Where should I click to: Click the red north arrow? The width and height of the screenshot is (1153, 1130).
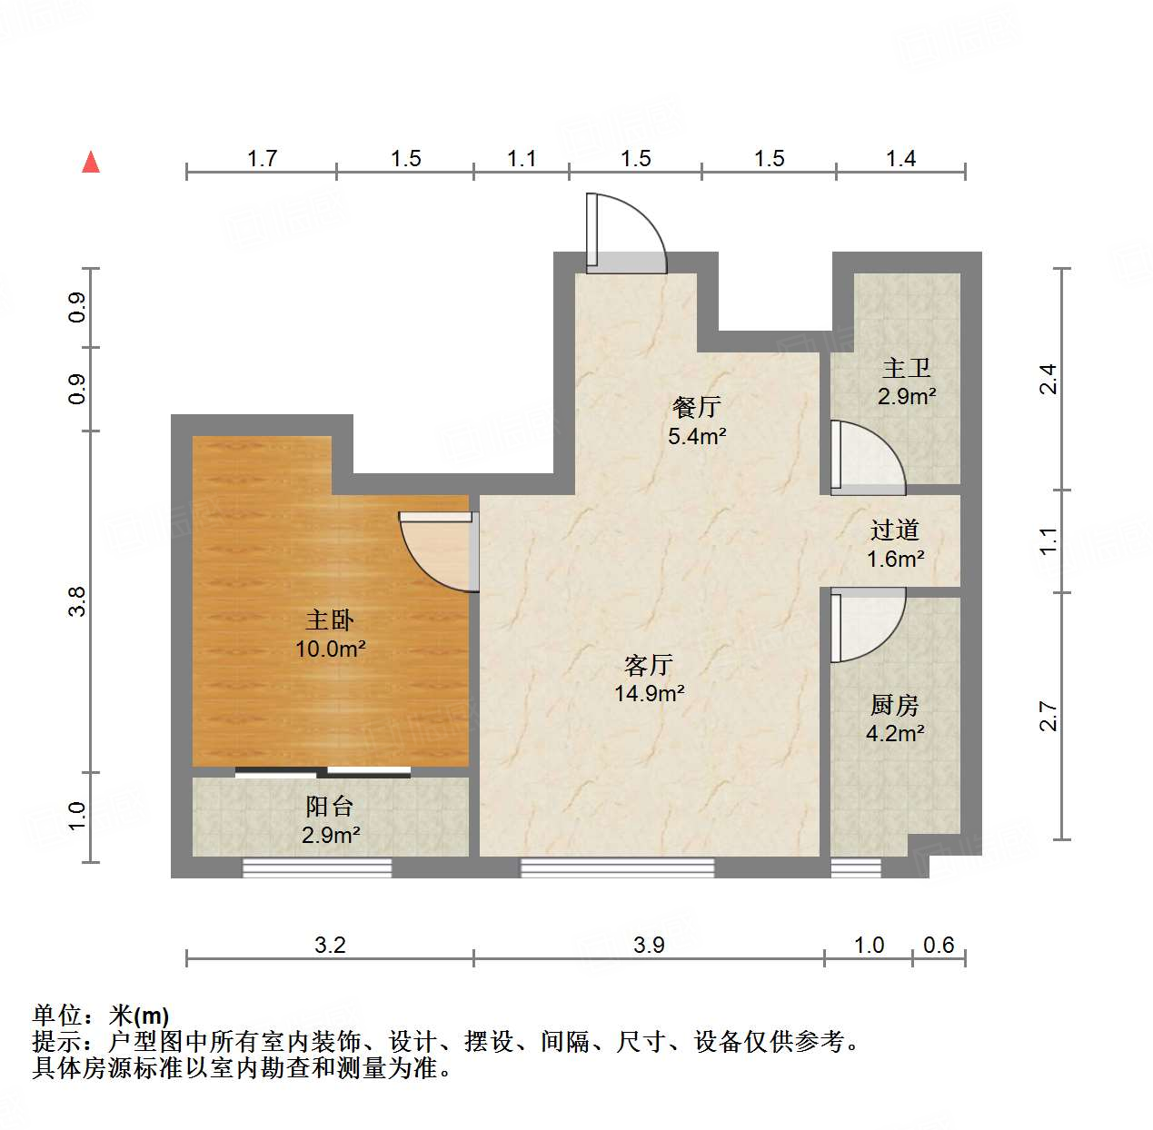(x=91, y=162)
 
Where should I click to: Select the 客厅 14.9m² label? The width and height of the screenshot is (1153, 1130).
(x=649, y=679)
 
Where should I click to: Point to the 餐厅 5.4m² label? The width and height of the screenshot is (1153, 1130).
(x=697, y=421)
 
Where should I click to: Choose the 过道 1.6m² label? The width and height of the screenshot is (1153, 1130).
(x=895, y=543)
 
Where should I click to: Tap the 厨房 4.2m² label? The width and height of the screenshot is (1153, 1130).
(x=895, y=719)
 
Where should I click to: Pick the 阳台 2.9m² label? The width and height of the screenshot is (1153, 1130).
(x=330, y=819)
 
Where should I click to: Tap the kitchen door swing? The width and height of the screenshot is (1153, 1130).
(x=867, y=624)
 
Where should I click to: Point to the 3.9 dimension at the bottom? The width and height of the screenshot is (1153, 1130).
(x=649, y=945)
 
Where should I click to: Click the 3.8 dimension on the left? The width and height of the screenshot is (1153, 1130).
(x=78, y=601)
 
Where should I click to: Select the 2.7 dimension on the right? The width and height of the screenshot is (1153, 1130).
(x=1049, y=716)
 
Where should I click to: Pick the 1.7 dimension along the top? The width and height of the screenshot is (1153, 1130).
(x=262, y=159)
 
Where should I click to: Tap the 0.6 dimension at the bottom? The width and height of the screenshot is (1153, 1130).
(x=939, y=945)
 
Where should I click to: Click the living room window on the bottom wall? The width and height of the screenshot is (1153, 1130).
(x=617, y=868)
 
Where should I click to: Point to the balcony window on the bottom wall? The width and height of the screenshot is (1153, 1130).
(x=317, y=868)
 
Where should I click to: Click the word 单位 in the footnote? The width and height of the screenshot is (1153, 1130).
(x=57, y=1016)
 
